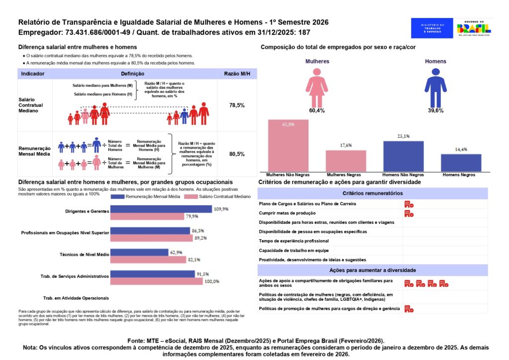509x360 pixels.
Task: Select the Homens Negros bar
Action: [x=461, y=163]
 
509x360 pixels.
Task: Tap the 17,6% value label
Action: [x=346, y=145]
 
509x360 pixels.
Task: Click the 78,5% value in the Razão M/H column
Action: [x=237, y=106]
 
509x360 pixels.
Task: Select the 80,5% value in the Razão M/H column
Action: [x=237, y=154]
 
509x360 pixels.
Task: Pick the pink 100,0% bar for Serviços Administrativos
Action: [x=157, y=281]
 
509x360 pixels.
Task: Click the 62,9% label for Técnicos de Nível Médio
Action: [x=176, y=253]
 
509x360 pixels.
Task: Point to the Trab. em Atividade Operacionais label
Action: [x=76, y=298]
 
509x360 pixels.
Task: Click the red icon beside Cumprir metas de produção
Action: [x=409, y=213]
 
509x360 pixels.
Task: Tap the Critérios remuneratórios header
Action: [x=372, y=193]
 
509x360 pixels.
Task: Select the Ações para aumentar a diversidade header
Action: [x=372, y=270]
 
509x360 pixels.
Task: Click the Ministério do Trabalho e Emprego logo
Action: [x=431, y=28]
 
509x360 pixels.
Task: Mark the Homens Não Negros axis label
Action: [x=403, y=175]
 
